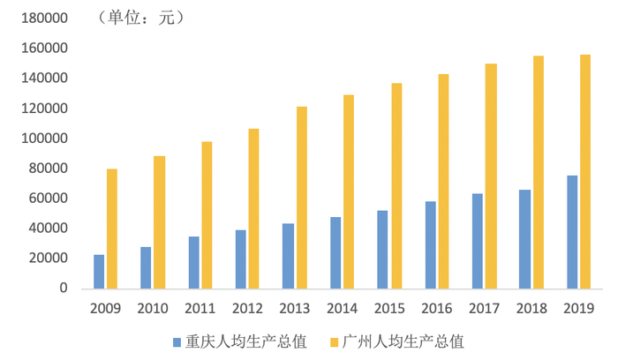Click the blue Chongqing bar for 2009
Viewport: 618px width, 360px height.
click(99, 272)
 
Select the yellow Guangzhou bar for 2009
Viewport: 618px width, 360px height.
click(112, 229)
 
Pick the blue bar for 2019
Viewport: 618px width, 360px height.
click(571, 232)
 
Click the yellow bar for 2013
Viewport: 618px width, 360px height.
click(301, 198)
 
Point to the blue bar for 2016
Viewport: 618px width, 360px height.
click(430, 244)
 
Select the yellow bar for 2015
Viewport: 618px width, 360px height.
click(396, 185)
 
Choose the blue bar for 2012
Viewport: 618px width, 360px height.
click(240, 259)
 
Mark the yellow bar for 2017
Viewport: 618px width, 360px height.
click(490, 176)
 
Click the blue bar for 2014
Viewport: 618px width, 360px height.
click(335, 252)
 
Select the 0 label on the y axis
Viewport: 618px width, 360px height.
click(64, 289)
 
